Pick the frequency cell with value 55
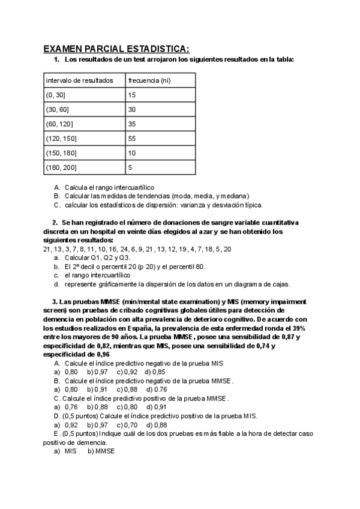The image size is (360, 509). coord(133,138)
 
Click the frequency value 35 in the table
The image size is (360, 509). coord(133,124)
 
